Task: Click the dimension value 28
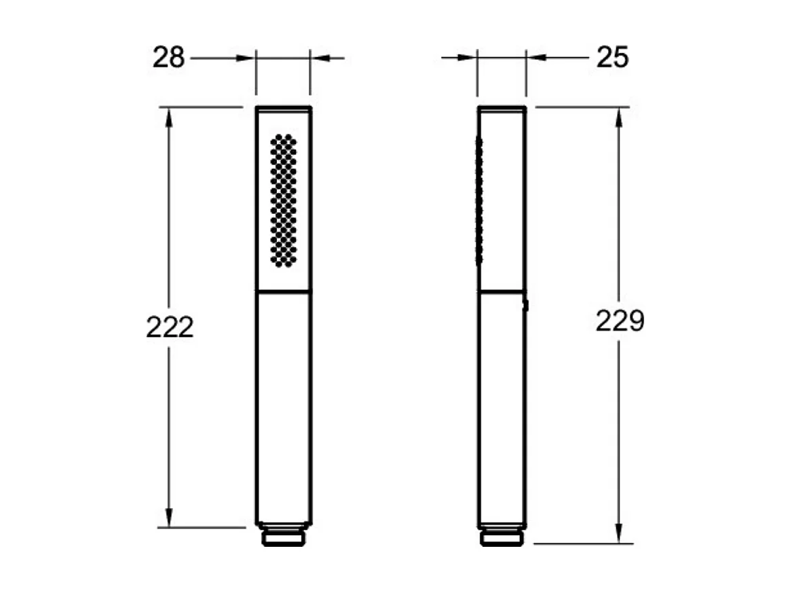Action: click(x=169, y=58)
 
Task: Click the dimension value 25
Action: click(x=613, y=57)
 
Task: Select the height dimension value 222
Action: click(x=170, y=327)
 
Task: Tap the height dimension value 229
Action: click(x=620, y=321)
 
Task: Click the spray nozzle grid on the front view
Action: click(x=283, y=200)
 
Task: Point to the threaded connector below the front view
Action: click(x=284, y=535)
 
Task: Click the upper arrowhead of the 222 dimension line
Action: click(x=169, y=117)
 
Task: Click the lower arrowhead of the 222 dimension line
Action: click(x=169, y=518)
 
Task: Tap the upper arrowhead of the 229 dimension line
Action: click(x=619, y=117)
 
